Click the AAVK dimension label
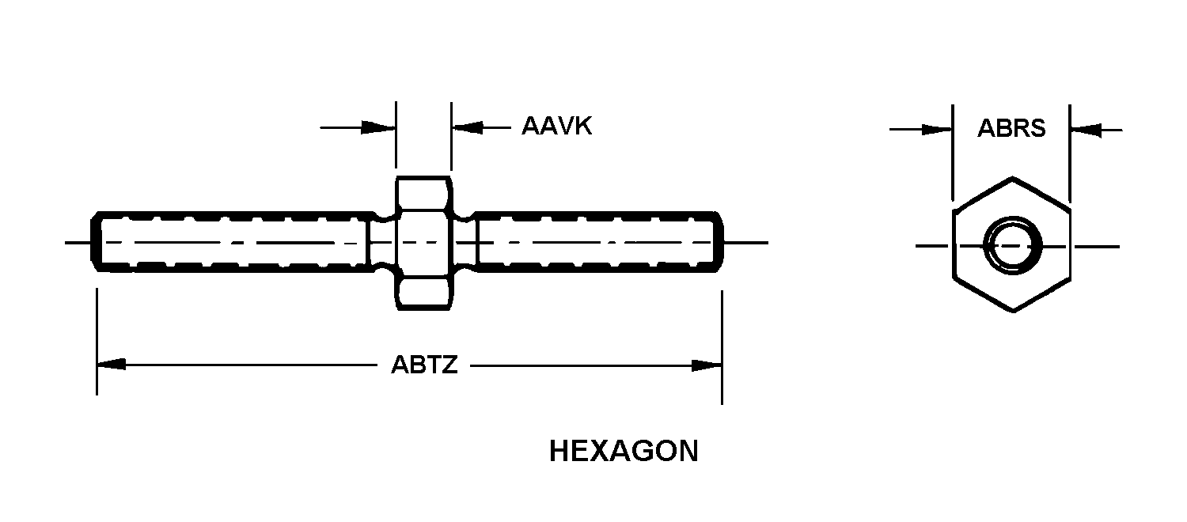(556, 126)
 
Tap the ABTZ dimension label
(424, 365)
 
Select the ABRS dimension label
(1011, 128)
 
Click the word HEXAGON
(624, 451)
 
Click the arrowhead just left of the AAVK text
(468, 127)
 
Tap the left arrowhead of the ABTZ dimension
(112, 365)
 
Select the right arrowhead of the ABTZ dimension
(707, 365)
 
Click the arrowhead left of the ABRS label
(937, 130)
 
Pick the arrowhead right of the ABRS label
(1086, 130)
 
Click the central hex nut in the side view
(424, 243)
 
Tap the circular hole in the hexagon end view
(1013, 246)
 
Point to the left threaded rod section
(230, 242)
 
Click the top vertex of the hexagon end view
(1013, 177)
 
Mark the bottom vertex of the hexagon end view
(1013, 312)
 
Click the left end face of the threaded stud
(94, 242)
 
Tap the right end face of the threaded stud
(721, 242)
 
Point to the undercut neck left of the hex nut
(382, 242)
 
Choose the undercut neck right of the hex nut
(465, 242)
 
